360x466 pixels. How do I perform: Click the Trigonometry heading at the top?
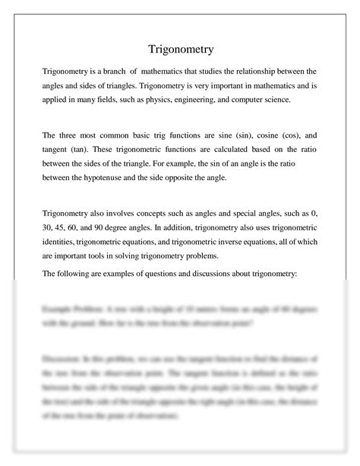[x=180, y=49]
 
